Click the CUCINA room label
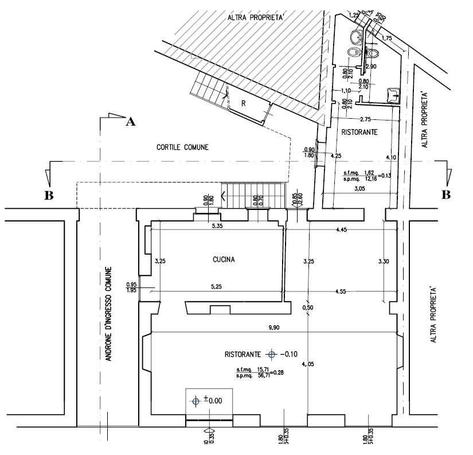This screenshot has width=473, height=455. pyautogui.click(x=219, y=259)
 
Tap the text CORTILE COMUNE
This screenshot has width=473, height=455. pyautogui.click(x=182, y=147)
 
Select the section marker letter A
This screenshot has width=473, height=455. pyautogui.click(x=130, y=122)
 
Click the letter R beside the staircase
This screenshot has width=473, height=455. pyautogui.click(x=243, y=104)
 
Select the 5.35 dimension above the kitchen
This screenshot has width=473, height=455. pyautogui.click(x=217, y=227)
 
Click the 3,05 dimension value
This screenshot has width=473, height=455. pyautogui.click(x=360, y=188)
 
